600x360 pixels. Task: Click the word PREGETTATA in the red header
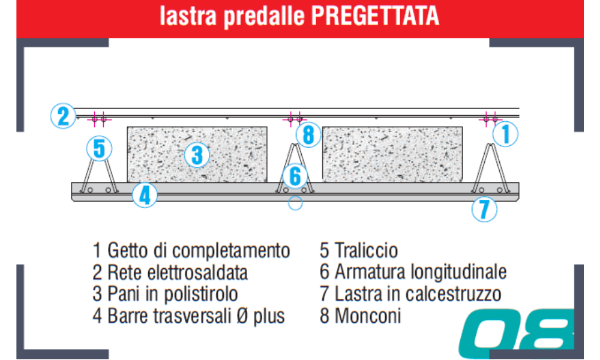375,16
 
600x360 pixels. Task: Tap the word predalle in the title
265,16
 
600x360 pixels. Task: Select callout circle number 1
505,134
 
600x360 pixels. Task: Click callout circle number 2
63,116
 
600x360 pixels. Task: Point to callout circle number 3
197,155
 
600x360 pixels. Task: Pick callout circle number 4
145,195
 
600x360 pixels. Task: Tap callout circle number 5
99,148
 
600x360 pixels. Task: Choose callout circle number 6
295,176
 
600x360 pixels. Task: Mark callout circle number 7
484,209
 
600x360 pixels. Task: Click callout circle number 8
308,134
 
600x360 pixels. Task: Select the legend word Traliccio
366,251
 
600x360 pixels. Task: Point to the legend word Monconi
368,316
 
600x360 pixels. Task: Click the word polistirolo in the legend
201,294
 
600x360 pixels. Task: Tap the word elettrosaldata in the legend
197,273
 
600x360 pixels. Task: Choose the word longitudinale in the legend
458,272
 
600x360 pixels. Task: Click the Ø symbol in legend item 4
242,316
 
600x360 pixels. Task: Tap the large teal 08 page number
517,333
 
